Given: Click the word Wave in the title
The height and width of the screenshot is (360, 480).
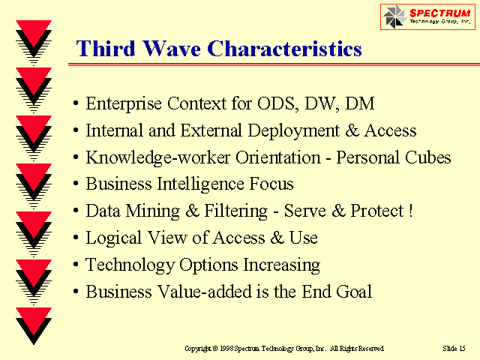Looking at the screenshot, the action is (x=172, y=49).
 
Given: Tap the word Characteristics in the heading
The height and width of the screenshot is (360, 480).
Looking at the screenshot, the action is (x=285, y=49).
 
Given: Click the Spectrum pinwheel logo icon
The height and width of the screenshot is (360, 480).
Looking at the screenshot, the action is (x=393, y=16).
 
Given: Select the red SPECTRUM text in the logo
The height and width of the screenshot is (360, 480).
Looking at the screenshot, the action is (x=439, y=13).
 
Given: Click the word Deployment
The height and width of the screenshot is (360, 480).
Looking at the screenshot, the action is (x=293, y=131).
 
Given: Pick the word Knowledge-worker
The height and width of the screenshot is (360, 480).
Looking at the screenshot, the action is (x=157, y=157).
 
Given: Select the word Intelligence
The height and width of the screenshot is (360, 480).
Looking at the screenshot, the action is (x=200, y=184).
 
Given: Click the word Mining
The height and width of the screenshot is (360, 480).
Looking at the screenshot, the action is (x=153, y=211).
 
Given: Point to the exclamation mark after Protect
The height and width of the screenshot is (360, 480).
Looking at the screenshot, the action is (x=411, y=211).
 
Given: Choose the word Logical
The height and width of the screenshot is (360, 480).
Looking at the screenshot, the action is (x=113, y=238).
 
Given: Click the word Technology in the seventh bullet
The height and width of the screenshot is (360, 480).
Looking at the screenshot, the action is (x=130, y=265).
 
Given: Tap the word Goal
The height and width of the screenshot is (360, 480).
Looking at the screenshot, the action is (x=354, y=291).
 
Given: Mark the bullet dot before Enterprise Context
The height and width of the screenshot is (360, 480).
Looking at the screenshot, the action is (x=76, y=103).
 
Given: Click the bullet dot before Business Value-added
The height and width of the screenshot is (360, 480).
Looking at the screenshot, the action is (x=76, y=292).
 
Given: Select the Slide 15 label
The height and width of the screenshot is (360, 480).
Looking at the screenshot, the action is (x=454, y=348).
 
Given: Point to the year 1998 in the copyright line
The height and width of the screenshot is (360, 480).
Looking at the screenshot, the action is (x=226, y=348).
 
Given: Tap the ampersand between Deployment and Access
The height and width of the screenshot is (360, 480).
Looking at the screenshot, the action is (x=352, y=130).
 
